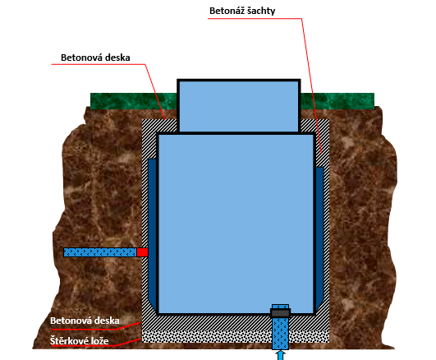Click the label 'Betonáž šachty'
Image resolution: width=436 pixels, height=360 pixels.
[x=242, y=11]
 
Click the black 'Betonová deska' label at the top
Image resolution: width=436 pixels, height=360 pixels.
[x=95, y=58]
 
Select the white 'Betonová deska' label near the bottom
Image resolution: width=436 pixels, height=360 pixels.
[x=85, y=321]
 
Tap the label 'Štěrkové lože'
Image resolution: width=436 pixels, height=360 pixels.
[x=80, y=341]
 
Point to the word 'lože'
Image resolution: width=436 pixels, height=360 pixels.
[x=100, y=341]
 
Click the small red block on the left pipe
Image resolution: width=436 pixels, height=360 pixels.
[x=142, y=252]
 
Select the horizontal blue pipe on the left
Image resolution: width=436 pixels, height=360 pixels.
[x=100, y=252]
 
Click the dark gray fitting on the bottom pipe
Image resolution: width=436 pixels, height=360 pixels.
[x=280, y=313]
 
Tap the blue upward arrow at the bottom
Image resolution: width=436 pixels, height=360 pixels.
[x=281, y=355]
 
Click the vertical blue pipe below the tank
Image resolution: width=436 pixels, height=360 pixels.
[x=280, y=334]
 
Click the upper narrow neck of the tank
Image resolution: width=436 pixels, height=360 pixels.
[x=239, y=106]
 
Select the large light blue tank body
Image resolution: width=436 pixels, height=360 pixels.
[x=236, y=224]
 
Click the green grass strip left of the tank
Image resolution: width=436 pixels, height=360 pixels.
[x=134, y=101]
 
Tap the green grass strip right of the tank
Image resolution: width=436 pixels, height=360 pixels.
[x=337, y=101]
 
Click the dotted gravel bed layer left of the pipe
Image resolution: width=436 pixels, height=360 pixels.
[x=207, y=336]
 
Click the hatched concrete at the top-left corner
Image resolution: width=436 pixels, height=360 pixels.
[x=159, y=126]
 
